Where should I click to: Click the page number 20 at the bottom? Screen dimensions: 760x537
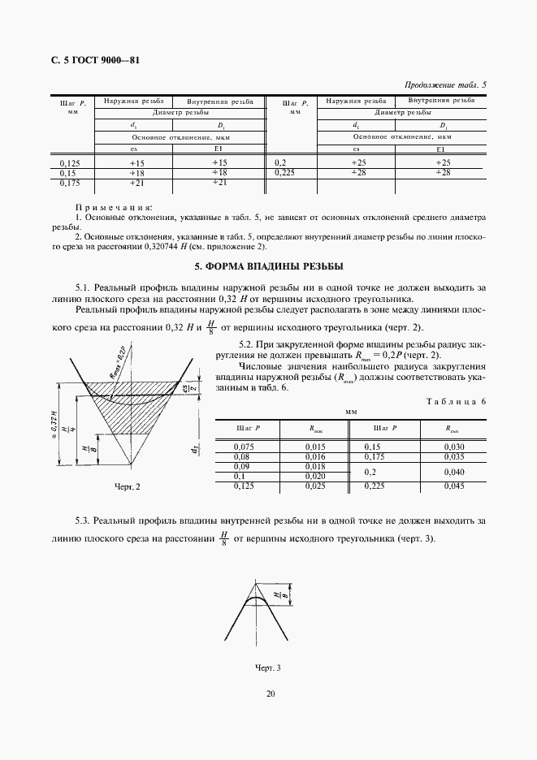pyautogui.click(x=268, y=693)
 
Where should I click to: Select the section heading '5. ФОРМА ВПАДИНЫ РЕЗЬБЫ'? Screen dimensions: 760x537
pyautogui.click(x=268, y=266)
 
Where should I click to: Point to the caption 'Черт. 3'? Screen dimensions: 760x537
pyautogui.click(x=267, y=668)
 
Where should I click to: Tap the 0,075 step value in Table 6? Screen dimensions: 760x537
pyautogui.click(x=245, y=447)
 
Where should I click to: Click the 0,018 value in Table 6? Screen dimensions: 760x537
pyautogui.click(x=314, y=466)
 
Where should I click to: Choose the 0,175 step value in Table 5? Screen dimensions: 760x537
pyautogui.click(x=71, y=183)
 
